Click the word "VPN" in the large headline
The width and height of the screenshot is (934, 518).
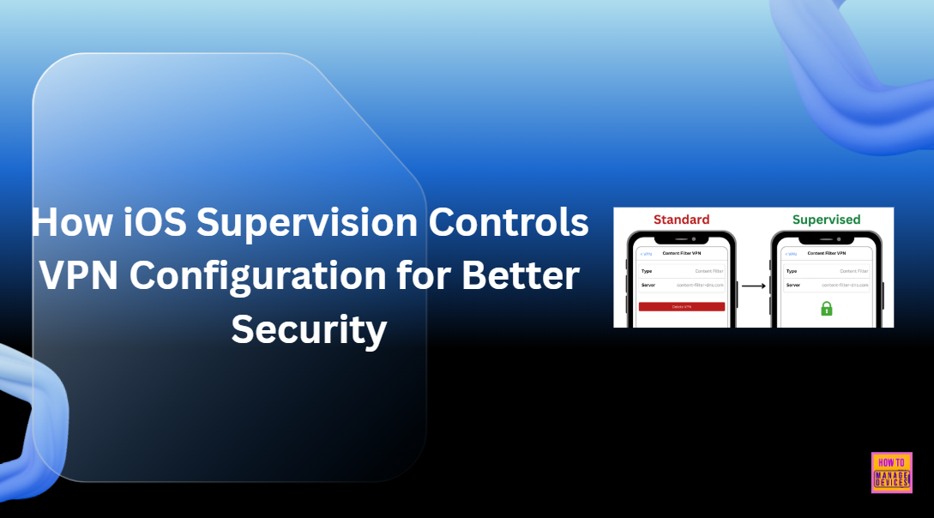pos(81,276)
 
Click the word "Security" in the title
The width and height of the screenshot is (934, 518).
pos(309,329)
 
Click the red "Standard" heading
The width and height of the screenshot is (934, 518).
pos(681,220)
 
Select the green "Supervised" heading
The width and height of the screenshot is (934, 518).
pos(826,220)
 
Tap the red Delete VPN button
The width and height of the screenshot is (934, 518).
pos(682,306)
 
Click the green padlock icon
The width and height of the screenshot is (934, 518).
pos(827,307)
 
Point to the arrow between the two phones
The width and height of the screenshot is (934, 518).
pos(753,285)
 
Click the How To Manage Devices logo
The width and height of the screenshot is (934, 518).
pos(891,473)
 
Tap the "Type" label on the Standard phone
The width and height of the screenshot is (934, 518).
pos(648,271)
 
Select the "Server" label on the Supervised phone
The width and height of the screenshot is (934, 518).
pos(793,285)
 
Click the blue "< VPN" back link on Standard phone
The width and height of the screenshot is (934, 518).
pos(646,254)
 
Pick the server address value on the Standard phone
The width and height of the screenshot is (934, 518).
pos(700,285)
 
